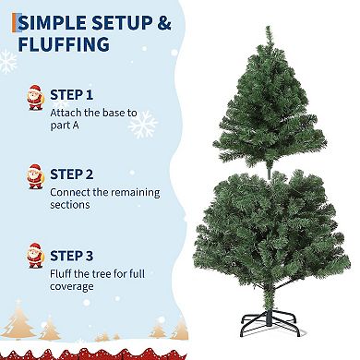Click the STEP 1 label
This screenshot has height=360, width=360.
point(70,94)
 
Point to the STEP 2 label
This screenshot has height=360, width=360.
point(71,174)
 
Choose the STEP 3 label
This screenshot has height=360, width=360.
point(71,254)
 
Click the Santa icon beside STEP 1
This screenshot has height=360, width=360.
point(35,96)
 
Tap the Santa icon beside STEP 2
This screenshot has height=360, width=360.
point(35,176)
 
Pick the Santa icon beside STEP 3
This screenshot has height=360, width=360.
point(35,256)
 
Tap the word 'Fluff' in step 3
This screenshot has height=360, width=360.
point(61,272)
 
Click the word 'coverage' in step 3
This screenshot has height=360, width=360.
point(72,286)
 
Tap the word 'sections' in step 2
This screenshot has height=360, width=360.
point(71,206)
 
